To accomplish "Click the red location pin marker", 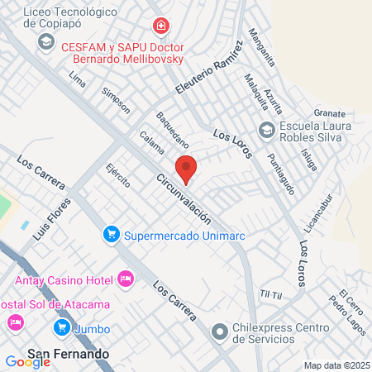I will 187,169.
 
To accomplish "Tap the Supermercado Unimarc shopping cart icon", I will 111,235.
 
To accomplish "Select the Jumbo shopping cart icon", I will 61,328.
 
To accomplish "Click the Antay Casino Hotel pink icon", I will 126,279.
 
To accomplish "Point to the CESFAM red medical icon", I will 160,26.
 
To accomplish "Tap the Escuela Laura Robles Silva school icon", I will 266,130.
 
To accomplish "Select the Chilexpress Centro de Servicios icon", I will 219,332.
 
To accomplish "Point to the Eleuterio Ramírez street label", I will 212,66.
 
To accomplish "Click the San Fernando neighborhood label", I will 69,354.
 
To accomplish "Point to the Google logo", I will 27,361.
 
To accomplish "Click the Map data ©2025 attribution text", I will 335,365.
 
